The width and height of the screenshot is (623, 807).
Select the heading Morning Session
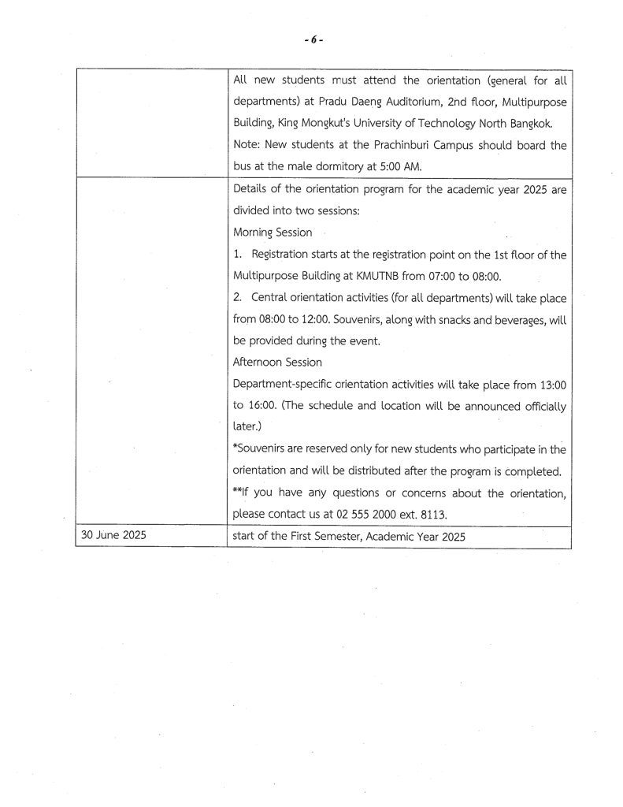pyautogui.click(x=273, y=232)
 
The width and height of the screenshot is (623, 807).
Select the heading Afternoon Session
pyautogui.click(x=278, y=363)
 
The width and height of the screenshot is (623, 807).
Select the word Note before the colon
pyautogui.click(x=247, y=145)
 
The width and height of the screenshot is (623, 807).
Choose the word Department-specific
pyautogui.click(x=286, y=383)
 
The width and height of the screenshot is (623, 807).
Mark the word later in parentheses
pyautogui.click(x=247, y=426)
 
